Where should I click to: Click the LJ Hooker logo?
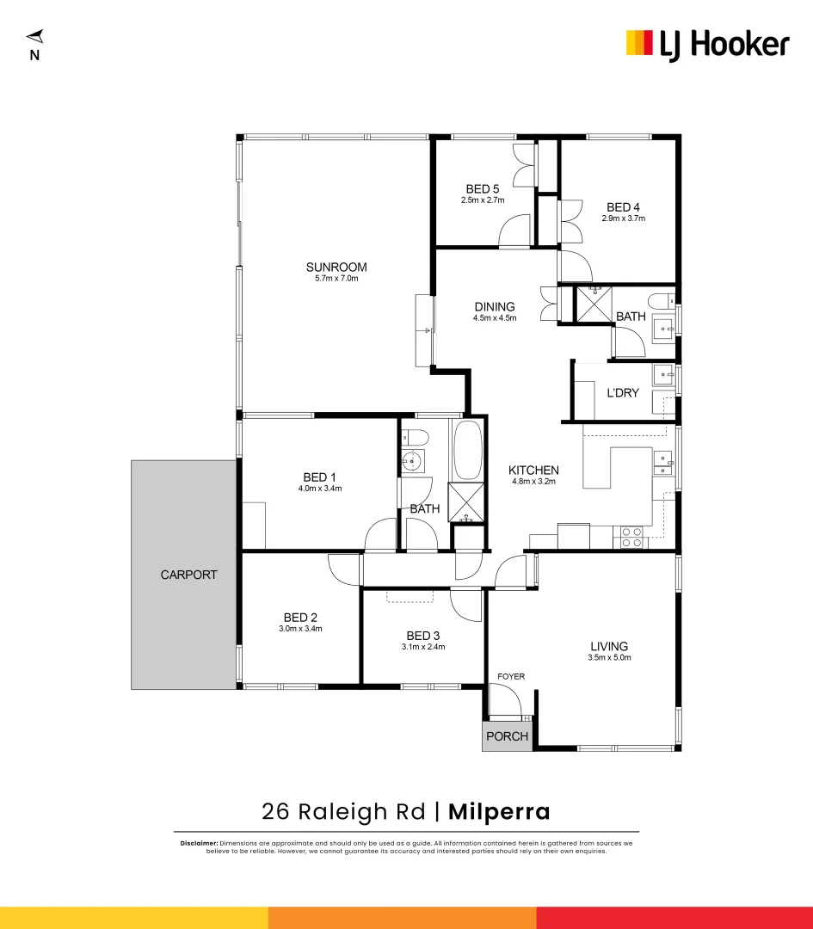coord(706,44)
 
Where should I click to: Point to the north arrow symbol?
coord(34,38)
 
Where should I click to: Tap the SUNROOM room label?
coord(336,267)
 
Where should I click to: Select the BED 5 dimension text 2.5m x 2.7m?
coord(482,200)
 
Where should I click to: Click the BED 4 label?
coord(623,207)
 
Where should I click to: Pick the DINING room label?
coord(494,307)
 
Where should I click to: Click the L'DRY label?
coord(623,393)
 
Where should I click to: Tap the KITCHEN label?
coord(533,471)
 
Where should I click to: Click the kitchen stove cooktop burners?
coord(631,538)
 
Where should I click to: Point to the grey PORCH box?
coord(507,736)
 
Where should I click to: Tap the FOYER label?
coord(510,677)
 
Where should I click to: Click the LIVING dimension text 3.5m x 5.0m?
coord(609,658)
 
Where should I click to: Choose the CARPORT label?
coord(188,575)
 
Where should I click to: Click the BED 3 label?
coord(423,636)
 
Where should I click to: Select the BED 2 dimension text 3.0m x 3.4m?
coord(300,629)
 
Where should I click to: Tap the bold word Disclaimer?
coord(199,843)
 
